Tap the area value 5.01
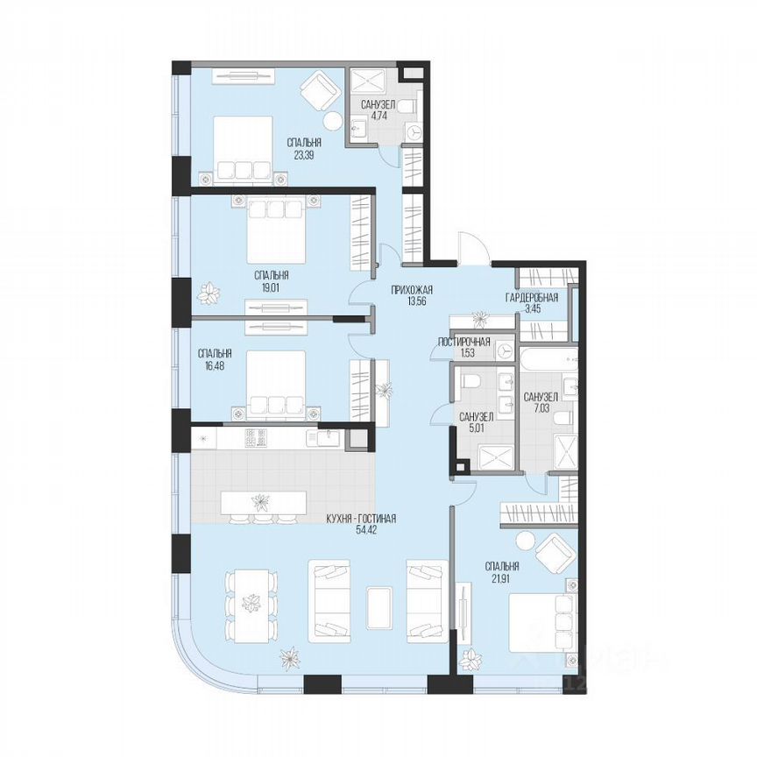[476, 429]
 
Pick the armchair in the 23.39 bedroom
[319, 89]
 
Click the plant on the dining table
[251, 603]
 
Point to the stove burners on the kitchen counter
[255, 437]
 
